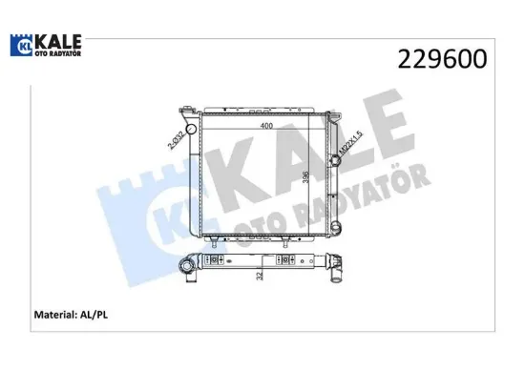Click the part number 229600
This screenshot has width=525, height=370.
coord(442,59)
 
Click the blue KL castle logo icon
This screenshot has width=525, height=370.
coord(21,45)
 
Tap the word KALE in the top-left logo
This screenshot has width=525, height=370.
coord(58,42)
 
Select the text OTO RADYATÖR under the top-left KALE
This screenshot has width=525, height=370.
coord(58,53)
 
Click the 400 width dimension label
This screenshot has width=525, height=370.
coord(266,126)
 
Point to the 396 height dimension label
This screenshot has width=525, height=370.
coord(305,177)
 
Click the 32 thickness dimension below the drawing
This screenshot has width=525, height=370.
coord(260,276)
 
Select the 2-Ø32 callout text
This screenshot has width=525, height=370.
coord(177,140)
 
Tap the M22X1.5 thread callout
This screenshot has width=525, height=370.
coord(351,142)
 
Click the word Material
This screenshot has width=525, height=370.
coord(55,315)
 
